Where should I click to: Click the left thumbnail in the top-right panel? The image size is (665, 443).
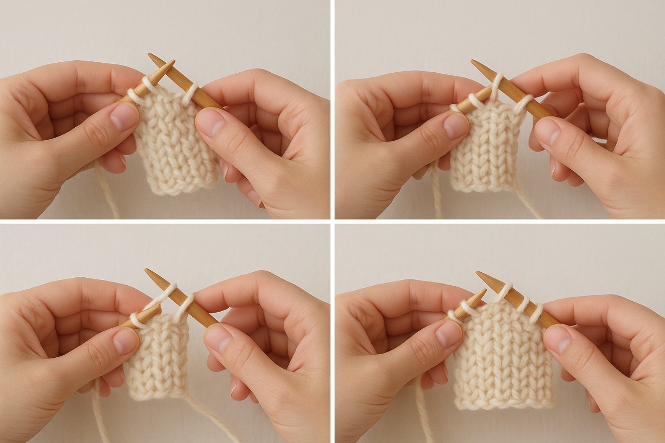(x=456, y=125)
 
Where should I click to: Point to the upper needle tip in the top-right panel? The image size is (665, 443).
(x=473, y=62)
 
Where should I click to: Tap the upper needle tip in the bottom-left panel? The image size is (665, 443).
(x=147, y=271)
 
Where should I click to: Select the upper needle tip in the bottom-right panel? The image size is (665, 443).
(x=478, y=273)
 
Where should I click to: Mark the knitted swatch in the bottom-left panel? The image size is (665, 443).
(x=156, y=358)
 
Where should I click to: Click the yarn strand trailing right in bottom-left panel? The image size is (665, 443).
(x=213, y=415)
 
